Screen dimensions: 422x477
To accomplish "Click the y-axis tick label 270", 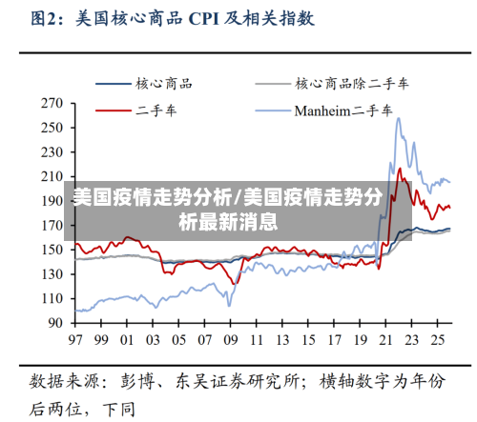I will coord(51,103).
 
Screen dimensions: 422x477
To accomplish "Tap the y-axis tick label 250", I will coord(51,128).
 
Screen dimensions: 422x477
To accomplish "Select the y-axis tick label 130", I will coord(51,274).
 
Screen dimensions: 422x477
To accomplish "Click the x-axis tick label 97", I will coord(73,339).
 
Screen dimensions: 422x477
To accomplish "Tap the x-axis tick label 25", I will coord(439,339).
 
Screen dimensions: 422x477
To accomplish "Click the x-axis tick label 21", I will coord(386,339).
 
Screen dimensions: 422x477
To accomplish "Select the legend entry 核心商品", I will coord(163,84).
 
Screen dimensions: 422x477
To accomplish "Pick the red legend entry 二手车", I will coord(156,111).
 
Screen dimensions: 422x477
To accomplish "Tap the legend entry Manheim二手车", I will coord(342,111).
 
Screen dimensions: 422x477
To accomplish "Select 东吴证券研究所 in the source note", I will coord(233,382).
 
